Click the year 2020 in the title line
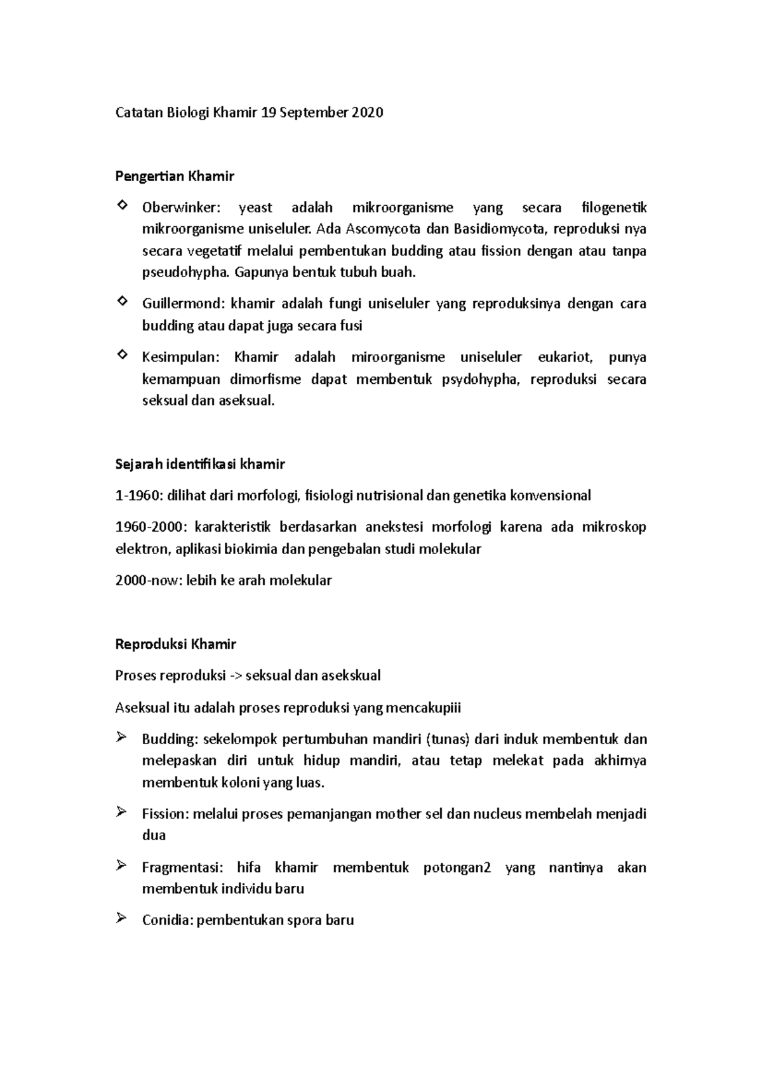click(x=367, y=113)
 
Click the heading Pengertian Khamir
click(x=175, y=176)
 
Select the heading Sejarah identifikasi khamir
click(x=200, y=464)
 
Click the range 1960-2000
click(x=151, y=527)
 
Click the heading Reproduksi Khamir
click(x=175, y=644)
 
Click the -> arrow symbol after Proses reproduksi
click(x=234, y=675)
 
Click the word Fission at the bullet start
click(x=164, y=813)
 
